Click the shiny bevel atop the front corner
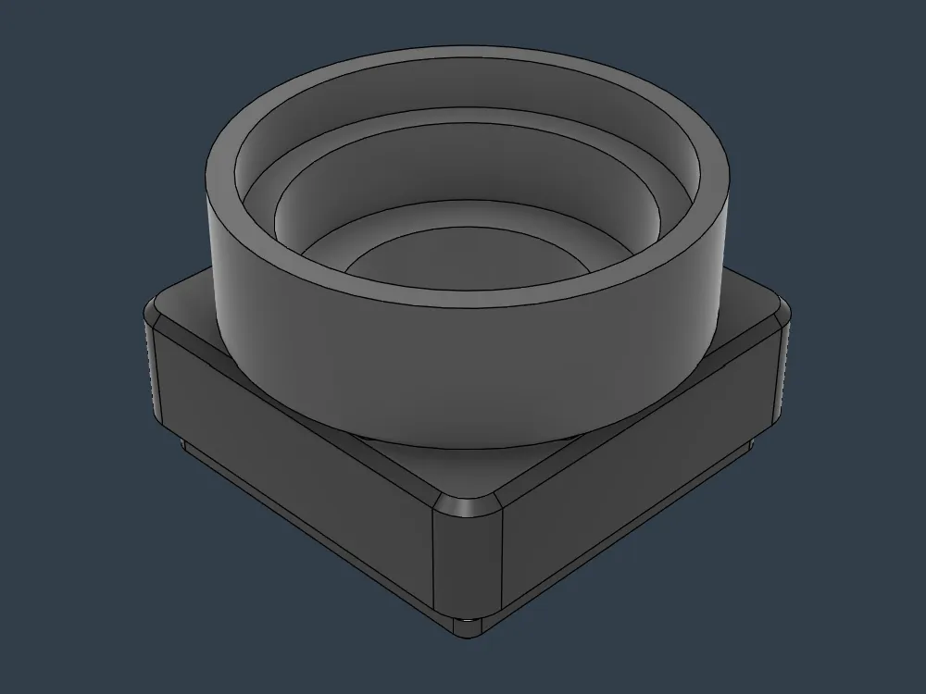tap(468, 506)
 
